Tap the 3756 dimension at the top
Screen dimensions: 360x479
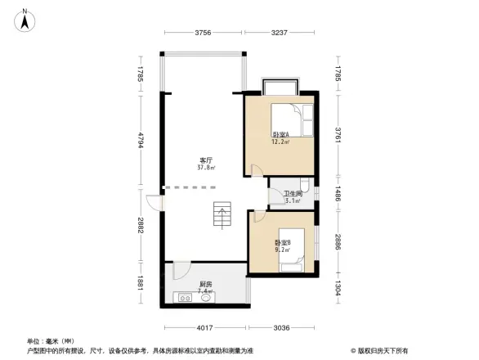pos(204,33)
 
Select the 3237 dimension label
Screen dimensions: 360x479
pos(280,33)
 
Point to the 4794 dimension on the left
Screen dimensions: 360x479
pos(141,141)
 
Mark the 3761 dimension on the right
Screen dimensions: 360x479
pos(337,134)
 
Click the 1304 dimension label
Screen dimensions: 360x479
pos(337,289)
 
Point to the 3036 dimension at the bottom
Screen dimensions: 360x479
pos(281,328)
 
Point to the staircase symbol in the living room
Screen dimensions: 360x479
pos(222,216)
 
